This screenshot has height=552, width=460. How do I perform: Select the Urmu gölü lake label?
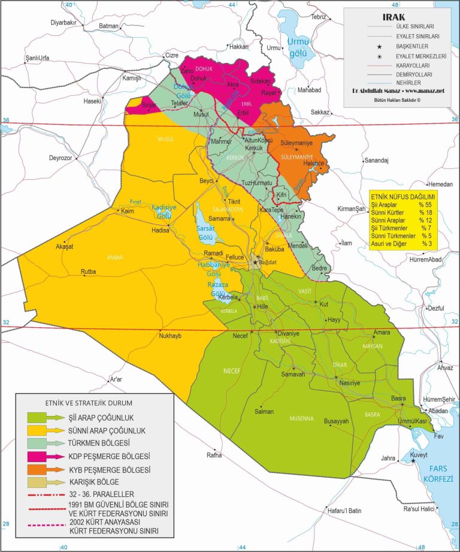coord(297,46)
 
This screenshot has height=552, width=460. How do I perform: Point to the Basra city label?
coord(399,399)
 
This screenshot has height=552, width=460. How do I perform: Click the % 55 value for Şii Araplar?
coord(427,205)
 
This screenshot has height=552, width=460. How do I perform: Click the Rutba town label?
coord(89,272)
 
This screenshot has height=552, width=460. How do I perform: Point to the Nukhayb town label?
coord(170,336)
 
